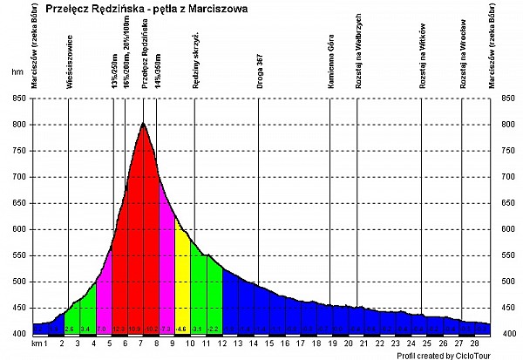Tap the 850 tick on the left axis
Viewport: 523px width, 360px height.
[x=18, y=98]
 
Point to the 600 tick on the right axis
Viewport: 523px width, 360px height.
[x=505, y=229]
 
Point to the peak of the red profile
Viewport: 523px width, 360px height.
[x=143, y=124]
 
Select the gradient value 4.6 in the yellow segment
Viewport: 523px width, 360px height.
[x=182, y=329]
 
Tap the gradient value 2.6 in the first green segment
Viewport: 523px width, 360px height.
[x=69, y=329]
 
